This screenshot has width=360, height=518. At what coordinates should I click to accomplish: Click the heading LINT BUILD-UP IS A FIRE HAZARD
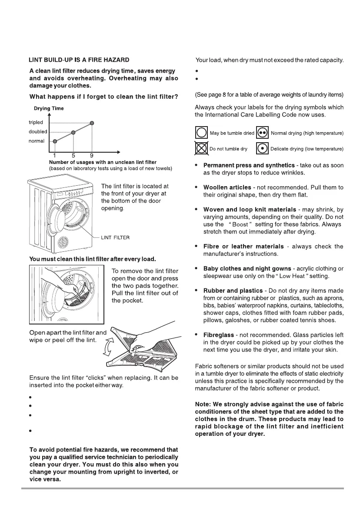coord(79,60)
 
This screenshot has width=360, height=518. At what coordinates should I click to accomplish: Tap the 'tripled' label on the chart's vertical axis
coord(36,123)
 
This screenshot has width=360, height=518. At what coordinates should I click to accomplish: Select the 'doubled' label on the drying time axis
coord(37,132)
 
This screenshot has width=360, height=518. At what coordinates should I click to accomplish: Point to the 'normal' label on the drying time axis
coord(37,141)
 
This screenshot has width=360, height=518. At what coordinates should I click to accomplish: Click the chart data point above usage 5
coord(73,132)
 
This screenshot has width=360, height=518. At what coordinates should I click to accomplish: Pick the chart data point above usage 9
coord(92,123)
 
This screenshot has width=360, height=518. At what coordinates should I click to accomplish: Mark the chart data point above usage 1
coord(55,141)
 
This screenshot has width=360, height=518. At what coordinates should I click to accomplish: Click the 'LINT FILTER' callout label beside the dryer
coord(115,237)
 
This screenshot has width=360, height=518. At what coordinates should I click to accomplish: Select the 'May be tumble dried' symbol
coord(201,133)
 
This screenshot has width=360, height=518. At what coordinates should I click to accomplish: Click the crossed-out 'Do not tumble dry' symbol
coord(201,148)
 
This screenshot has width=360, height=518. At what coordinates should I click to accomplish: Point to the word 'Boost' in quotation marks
coord(240,224)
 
